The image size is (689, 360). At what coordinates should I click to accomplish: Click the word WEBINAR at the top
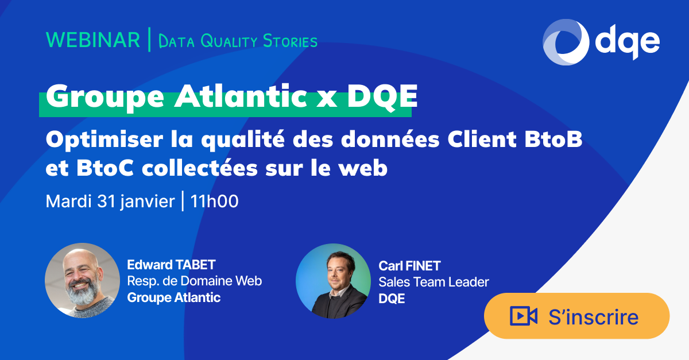pos(92,40)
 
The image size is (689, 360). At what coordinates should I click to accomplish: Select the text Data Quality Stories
pos(237,41)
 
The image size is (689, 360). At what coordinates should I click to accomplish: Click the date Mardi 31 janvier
pos(110,202)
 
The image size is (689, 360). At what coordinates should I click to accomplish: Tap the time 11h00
pos(214,202)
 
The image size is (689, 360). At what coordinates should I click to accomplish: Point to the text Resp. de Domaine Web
pos(194,281)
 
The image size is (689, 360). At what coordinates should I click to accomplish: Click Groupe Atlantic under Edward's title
pos(173,297)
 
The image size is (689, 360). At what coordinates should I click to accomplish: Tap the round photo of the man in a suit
pos(333,281)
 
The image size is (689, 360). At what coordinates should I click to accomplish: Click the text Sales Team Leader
pos(433,282)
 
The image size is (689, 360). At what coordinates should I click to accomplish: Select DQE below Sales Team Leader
pos(392,299)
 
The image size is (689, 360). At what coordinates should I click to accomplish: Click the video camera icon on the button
pos(523,316)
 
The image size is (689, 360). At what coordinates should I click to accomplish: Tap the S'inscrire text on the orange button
pos(593,317)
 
